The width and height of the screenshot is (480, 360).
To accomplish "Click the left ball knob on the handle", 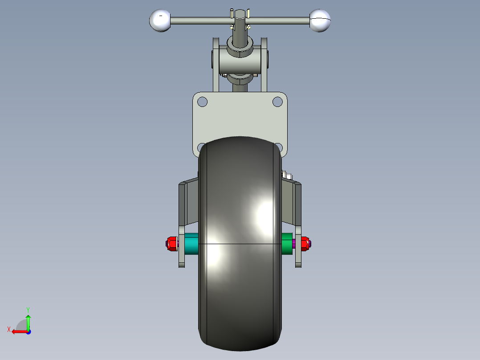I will (x=160, y=20).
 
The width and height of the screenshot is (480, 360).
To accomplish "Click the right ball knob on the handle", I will (x=320, y=20).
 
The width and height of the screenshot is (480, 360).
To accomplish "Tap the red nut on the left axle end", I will (x=171, y=244).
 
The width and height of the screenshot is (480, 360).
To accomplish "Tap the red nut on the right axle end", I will (x=305, y=243).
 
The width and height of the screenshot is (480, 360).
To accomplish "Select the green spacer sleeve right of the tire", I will (x=287, y=243).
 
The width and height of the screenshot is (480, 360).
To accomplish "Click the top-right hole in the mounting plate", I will (x=277, y=102).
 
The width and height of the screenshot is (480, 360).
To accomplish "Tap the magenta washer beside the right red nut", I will (x=295, y=243).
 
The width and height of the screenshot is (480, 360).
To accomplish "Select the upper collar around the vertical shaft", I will (x=240, y=47).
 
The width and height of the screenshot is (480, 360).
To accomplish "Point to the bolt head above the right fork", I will (x=286, y=175).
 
